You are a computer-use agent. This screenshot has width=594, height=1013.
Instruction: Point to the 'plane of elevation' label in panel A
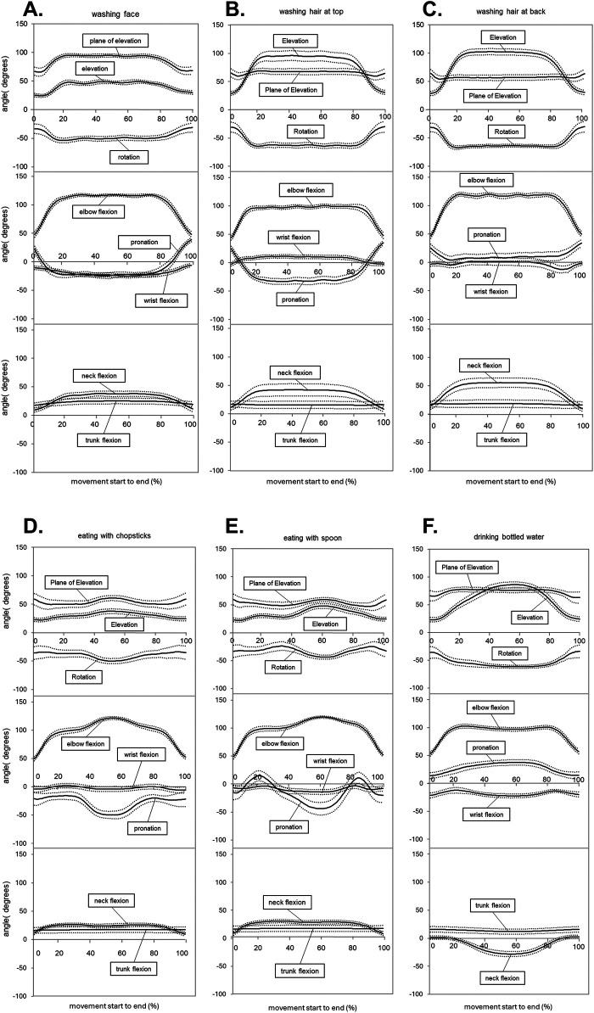[x=117, y=40]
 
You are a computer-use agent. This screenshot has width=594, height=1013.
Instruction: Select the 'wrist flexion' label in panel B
[x=300, y=237]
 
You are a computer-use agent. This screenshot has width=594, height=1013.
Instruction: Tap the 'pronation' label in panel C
[x=487, y=234]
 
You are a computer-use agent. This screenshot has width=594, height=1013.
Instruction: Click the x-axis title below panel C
[x=491, y=491]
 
